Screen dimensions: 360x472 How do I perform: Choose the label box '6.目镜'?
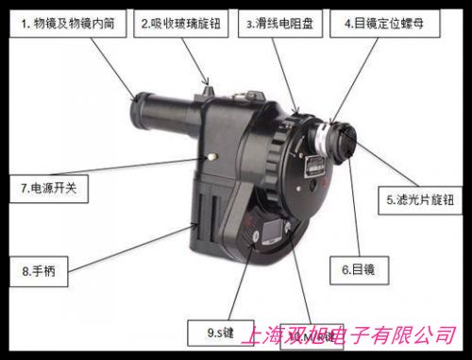358,270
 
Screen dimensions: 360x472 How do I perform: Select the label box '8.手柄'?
44,272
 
